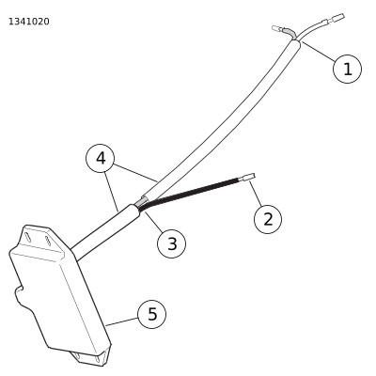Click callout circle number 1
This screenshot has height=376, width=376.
(347, 69)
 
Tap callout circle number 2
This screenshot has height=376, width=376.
(268, 219)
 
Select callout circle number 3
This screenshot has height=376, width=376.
(171, 243)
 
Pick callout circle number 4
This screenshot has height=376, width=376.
(101, 159)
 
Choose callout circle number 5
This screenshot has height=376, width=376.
(152, 314)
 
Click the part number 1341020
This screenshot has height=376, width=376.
(29, 22)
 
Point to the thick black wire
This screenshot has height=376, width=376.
(191, 193)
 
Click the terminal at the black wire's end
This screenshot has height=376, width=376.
(249, 178)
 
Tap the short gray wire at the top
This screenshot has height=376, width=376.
(289, 32)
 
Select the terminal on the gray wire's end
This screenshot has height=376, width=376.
(276, 28)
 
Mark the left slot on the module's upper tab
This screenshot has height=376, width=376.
(28, 237)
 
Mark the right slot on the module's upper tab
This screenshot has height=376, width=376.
(48, 241)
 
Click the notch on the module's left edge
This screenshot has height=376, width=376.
(20, 290)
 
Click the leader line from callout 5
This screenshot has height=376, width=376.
(122, 321)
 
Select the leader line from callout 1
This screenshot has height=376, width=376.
(319, 51)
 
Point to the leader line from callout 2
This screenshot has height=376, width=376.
(256, 194)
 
